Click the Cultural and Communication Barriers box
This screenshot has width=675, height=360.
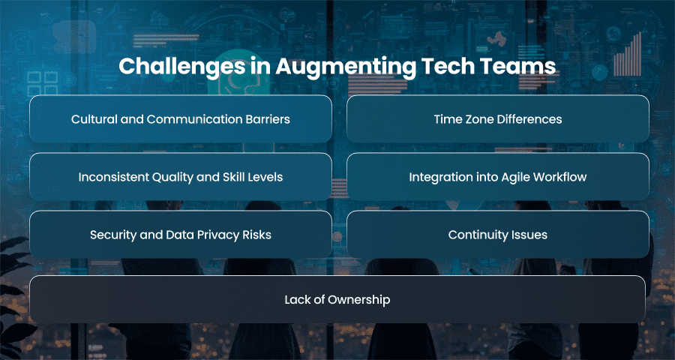[181, 118]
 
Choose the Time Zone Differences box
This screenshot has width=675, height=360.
[498, 118]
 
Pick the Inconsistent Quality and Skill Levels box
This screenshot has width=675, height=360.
[181, 176]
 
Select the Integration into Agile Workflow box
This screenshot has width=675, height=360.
[498, 176]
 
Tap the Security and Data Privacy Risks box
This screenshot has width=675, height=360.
[181, 234]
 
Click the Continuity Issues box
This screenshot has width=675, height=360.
[498, 234]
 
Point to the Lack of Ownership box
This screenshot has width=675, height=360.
[337, 299]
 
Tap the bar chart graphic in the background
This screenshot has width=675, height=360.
[628, 54]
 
